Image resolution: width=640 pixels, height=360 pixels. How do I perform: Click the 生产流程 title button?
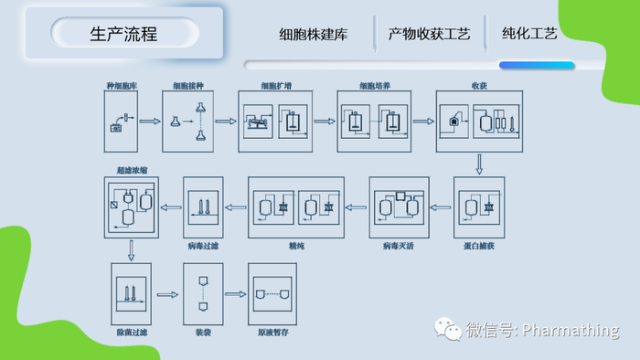click(x=123, y=35)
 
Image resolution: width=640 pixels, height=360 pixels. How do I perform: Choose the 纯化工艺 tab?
click(x=529, y=35)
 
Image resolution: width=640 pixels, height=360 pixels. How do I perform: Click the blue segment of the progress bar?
click(x=537, y=66)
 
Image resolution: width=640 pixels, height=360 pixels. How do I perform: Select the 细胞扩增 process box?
click(x=276, y=122)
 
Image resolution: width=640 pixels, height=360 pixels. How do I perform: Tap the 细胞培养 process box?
click(x=375, y=122)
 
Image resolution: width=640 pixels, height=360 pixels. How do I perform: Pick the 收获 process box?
click(x=478, y=122)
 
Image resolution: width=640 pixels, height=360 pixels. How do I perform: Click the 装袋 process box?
click(x=203, y=294)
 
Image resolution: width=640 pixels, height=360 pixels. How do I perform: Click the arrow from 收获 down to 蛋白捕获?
click(x=478, y=164)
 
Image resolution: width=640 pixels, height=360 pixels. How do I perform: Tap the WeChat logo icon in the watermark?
click(x=447, y=329)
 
